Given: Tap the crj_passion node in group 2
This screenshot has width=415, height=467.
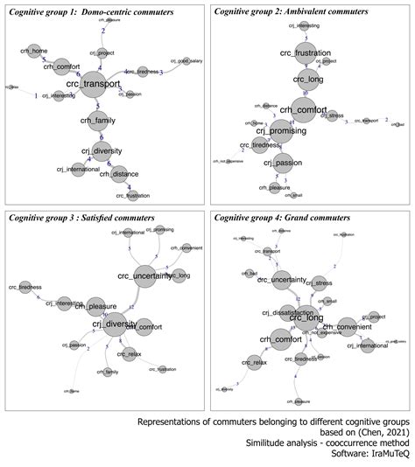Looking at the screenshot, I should point(279,163).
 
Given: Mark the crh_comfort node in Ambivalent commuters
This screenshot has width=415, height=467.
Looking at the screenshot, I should point(305,110).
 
